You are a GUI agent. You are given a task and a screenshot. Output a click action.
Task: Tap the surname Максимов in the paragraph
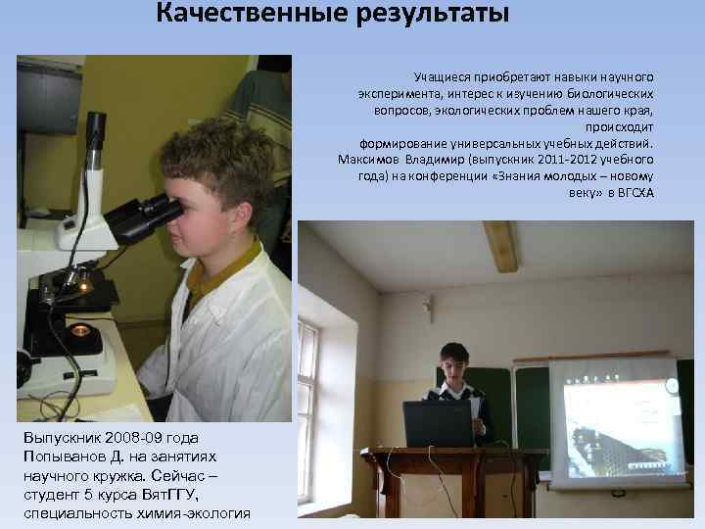coord(368,159)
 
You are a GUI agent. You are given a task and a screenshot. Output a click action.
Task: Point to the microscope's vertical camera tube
coord(93,157)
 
